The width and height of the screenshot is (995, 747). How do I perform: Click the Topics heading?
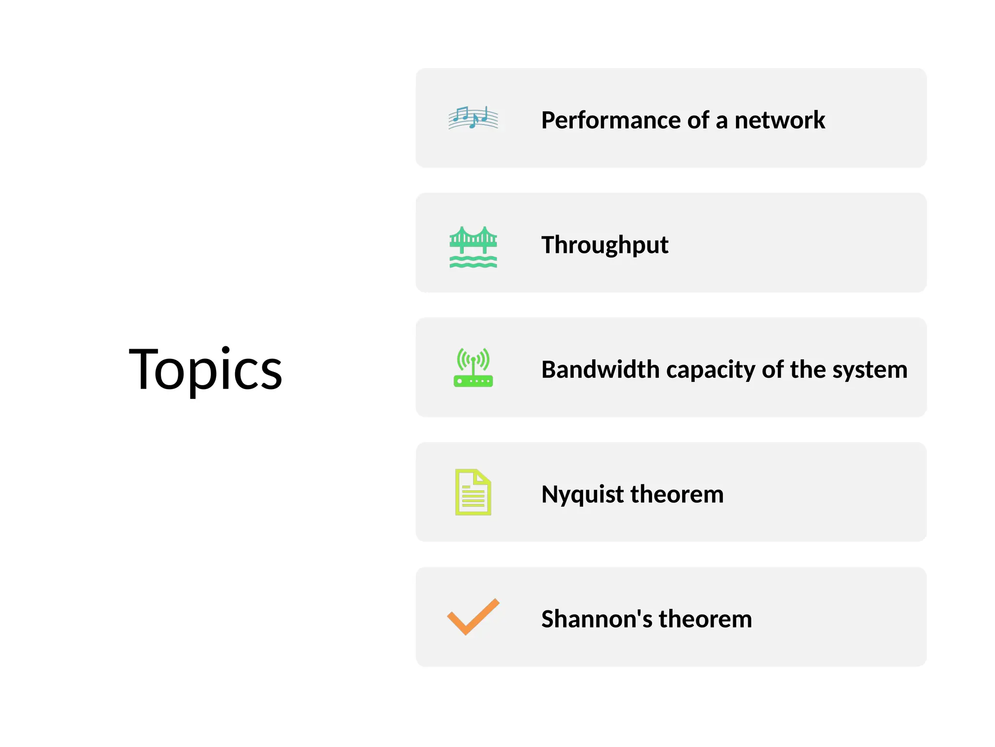pyautogui.click(x=205, y=369)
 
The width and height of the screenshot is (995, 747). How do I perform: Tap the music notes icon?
pyautogui.click(x=473, y=118)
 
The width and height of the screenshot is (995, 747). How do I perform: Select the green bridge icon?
pyautogui.click(x=473, y=246)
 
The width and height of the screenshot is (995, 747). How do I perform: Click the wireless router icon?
pyautogui.click(x=473, y=368)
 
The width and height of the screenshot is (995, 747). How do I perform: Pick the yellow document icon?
pyautogui.click(x=473, y=492)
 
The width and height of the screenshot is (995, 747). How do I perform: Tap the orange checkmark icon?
pyautogui.click(x=473, y=616)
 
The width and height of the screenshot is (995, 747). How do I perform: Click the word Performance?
pyautogui.click(x=611, y=120)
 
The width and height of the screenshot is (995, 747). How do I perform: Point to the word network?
pyautogui.click(x=779, y=120)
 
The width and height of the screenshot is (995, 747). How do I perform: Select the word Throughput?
pyautogui.click(x=605, y=245)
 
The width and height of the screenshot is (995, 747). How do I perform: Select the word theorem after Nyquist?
pyautogui.click(x=677, y=494)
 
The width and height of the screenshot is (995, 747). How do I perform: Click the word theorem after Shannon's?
pyautogui.click(x=705, y=619)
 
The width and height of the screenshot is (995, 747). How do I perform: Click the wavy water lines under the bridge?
pyautogui.click(x=473, y=263)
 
